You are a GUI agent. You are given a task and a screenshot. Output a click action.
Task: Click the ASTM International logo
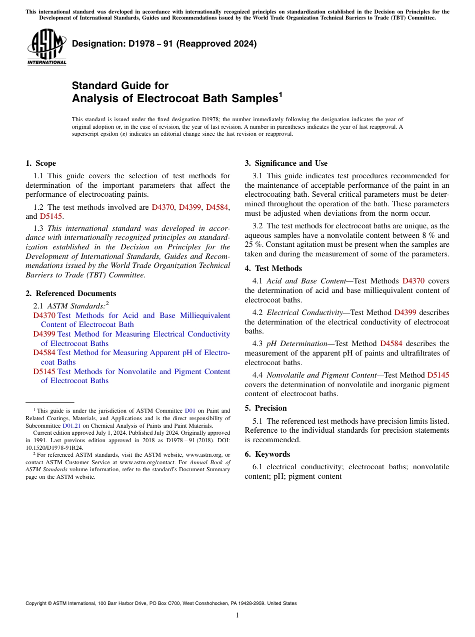(x=46, y=47)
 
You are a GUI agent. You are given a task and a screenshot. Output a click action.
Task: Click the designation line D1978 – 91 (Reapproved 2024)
(x=164, y=44)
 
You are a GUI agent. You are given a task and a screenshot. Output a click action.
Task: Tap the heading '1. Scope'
(x=41, y=163)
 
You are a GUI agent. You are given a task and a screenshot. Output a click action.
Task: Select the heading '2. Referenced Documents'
(x=71, y=293)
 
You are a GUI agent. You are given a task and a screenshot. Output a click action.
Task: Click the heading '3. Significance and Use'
(x=286, y=163)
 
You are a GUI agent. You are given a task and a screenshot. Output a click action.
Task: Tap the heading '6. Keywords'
(x=267, y=454)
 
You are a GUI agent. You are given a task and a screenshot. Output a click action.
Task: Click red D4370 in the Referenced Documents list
(x=44, y=315)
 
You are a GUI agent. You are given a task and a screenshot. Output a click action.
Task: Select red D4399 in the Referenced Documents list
(x=44, y=334)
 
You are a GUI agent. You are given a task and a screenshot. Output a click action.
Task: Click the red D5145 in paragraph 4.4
(x=438, y=375)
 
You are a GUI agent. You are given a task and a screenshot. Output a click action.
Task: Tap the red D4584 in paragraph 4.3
(x=391, y=344)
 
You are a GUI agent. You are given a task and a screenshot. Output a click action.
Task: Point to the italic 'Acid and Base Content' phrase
(x=306, y=281)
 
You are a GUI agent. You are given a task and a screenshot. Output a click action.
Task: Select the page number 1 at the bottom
(x=237, y=615)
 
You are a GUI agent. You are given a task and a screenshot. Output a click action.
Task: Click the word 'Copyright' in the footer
(x=37, y=603)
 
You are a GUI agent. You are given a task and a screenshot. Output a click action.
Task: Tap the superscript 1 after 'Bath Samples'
(x=280, y=94)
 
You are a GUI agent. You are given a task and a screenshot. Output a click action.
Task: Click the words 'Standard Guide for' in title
(x=120, y=86)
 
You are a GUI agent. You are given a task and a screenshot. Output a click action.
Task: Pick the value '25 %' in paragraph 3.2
(x=253, y=244)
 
